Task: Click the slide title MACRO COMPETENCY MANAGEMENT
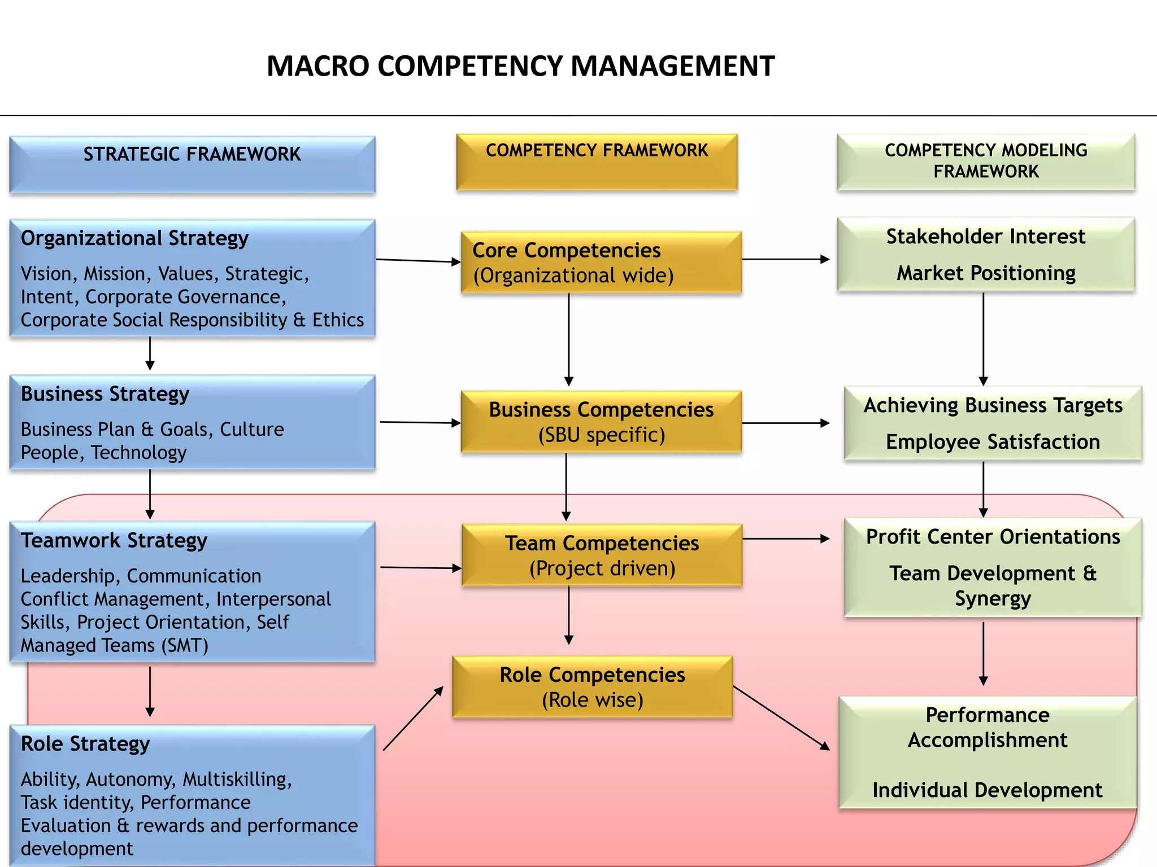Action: click(520, 66)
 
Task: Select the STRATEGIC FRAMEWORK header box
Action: click(192, 164)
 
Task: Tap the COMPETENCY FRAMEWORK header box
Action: click(597, 162)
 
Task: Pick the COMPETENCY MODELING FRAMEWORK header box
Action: click(986, 161)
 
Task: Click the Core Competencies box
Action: click(601, 262)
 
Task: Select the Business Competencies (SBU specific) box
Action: click(601, 422)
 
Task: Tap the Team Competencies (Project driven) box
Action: click(602, 555)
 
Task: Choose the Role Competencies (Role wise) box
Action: click(592, 687)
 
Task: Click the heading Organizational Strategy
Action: click(134, 238)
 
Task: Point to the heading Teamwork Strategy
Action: click(114, 540)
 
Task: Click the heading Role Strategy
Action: click(85, 743)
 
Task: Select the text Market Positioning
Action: click(986, 273)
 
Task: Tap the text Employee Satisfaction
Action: click(993, 442)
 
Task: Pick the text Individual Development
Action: click(987, 790)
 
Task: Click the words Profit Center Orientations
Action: click(993, 537)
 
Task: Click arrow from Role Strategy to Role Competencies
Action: click(413, 719)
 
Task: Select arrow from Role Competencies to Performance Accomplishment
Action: click(781, 718)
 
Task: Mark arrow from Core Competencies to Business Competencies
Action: click(568, 339)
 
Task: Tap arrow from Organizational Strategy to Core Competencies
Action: click(418, 261)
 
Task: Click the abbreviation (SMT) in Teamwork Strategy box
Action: click(185, 645)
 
